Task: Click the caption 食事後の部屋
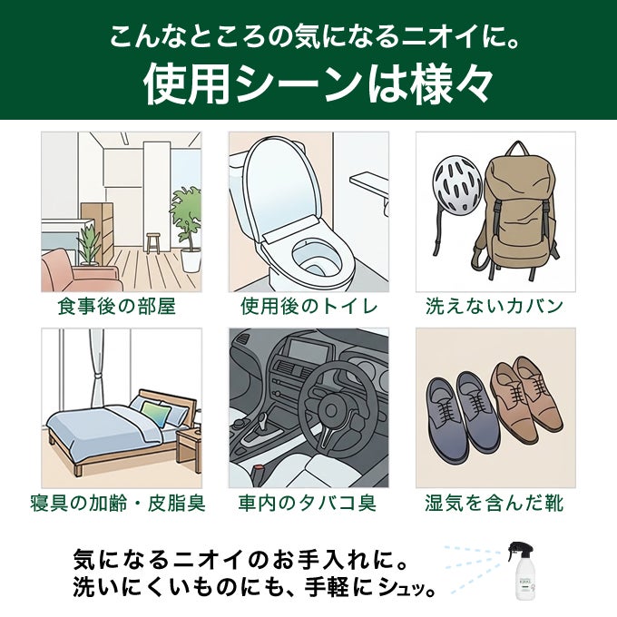pyautogui.click(x=117, y=307)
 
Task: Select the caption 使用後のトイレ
pyautogui.click(x=309, y=307)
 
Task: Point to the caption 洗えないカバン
pyautogui.click(x=495, y=307)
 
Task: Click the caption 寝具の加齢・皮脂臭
pyautogui.click(x=118, y=504)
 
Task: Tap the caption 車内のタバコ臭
pyautogui.click(x=308, y=504)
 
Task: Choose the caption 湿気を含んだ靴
pyautogui.click(x=495, y=504)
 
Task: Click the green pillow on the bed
pyautogui.click(x=157, y=413)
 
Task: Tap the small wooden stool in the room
pyautogui.click(x=153, y=243)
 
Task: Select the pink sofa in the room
pyautogui.click(x=79, y=270)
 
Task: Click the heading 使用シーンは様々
pyautogui.click(x=318, y=84)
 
